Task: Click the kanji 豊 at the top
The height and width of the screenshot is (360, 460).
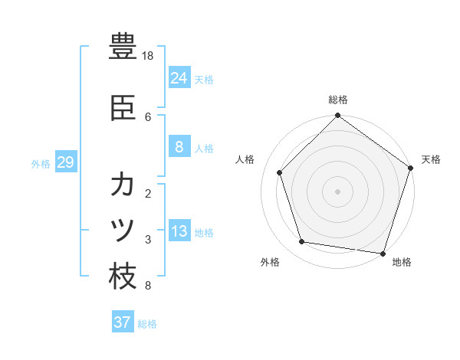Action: (123, 46)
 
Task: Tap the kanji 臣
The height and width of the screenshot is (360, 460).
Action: (123, 109)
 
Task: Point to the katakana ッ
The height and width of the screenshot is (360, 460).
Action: (123, 231)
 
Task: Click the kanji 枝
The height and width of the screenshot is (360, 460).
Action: (123, 277)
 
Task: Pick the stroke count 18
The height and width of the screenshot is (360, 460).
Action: (149, 56)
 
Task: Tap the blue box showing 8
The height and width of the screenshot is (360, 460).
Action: (179, 147)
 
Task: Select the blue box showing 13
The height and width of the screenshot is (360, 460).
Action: (179, 231)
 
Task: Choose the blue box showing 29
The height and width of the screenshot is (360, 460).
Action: (65, 162)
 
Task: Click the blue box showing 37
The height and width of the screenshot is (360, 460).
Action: (122, 322)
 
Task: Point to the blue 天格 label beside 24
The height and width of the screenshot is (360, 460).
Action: (204, 79)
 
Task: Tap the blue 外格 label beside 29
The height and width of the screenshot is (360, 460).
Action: (41, 163)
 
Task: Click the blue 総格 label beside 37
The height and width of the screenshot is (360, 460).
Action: (147, 324)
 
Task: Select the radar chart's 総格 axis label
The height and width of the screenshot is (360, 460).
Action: (338, 100)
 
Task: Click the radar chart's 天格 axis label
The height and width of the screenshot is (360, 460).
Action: (432, 159)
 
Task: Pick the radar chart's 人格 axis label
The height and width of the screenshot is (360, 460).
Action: (245, 159)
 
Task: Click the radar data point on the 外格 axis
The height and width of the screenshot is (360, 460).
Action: (302, 242)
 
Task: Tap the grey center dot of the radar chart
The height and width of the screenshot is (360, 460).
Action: (338, 191)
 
